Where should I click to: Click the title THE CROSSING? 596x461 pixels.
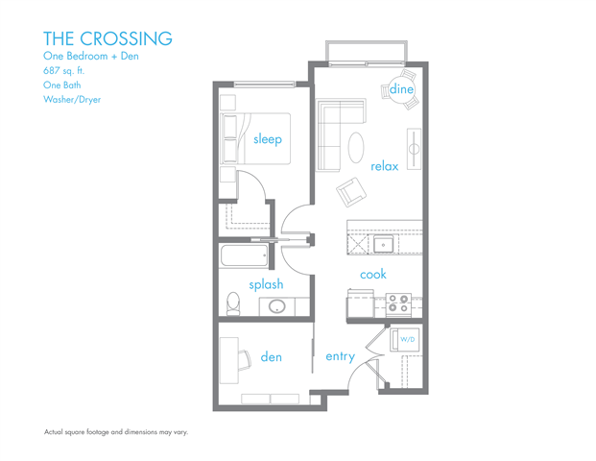tap(107, 38)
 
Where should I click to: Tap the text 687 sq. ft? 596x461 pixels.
tap(64, 71)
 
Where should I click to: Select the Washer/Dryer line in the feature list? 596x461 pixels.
tap(72, 100)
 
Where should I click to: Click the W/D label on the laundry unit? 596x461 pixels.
tap(408, 339)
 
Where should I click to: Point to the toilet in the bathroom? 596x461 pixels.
tap(233, 303)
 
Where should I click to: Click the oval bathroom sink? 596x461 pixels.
tap(277, 306)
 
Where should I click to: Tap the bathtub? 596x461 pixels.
tap(244, 255)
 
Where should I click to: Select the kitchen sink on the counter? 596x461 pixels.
tap(384, 244)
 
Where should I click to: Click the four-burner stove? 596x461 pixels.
tap(398, 304)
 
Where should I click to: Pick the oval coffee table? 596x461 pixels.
tap(356, 147)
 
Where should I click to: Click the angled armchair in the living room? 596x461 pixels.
tap(351, 192)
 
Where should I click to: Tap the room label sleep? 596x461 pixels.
tap(268, 139)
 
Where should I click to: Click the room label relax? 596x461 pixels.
tap(385, 166)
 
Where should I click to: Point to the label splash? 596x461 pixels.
tap(266, 284)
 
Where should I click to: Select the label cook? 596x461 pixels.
tap(373, 275)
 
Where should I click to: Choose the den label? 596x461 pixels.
tap(271, 356)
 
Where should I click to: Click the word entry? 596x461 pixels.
tap(340, 356)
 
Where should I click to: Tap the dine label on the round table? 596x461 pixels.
tap(401, 89)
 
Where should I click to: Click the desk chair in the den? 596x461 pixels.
tap(245, 360)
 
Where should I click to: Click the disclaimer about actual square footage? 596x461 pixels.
tap(116, 432)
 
